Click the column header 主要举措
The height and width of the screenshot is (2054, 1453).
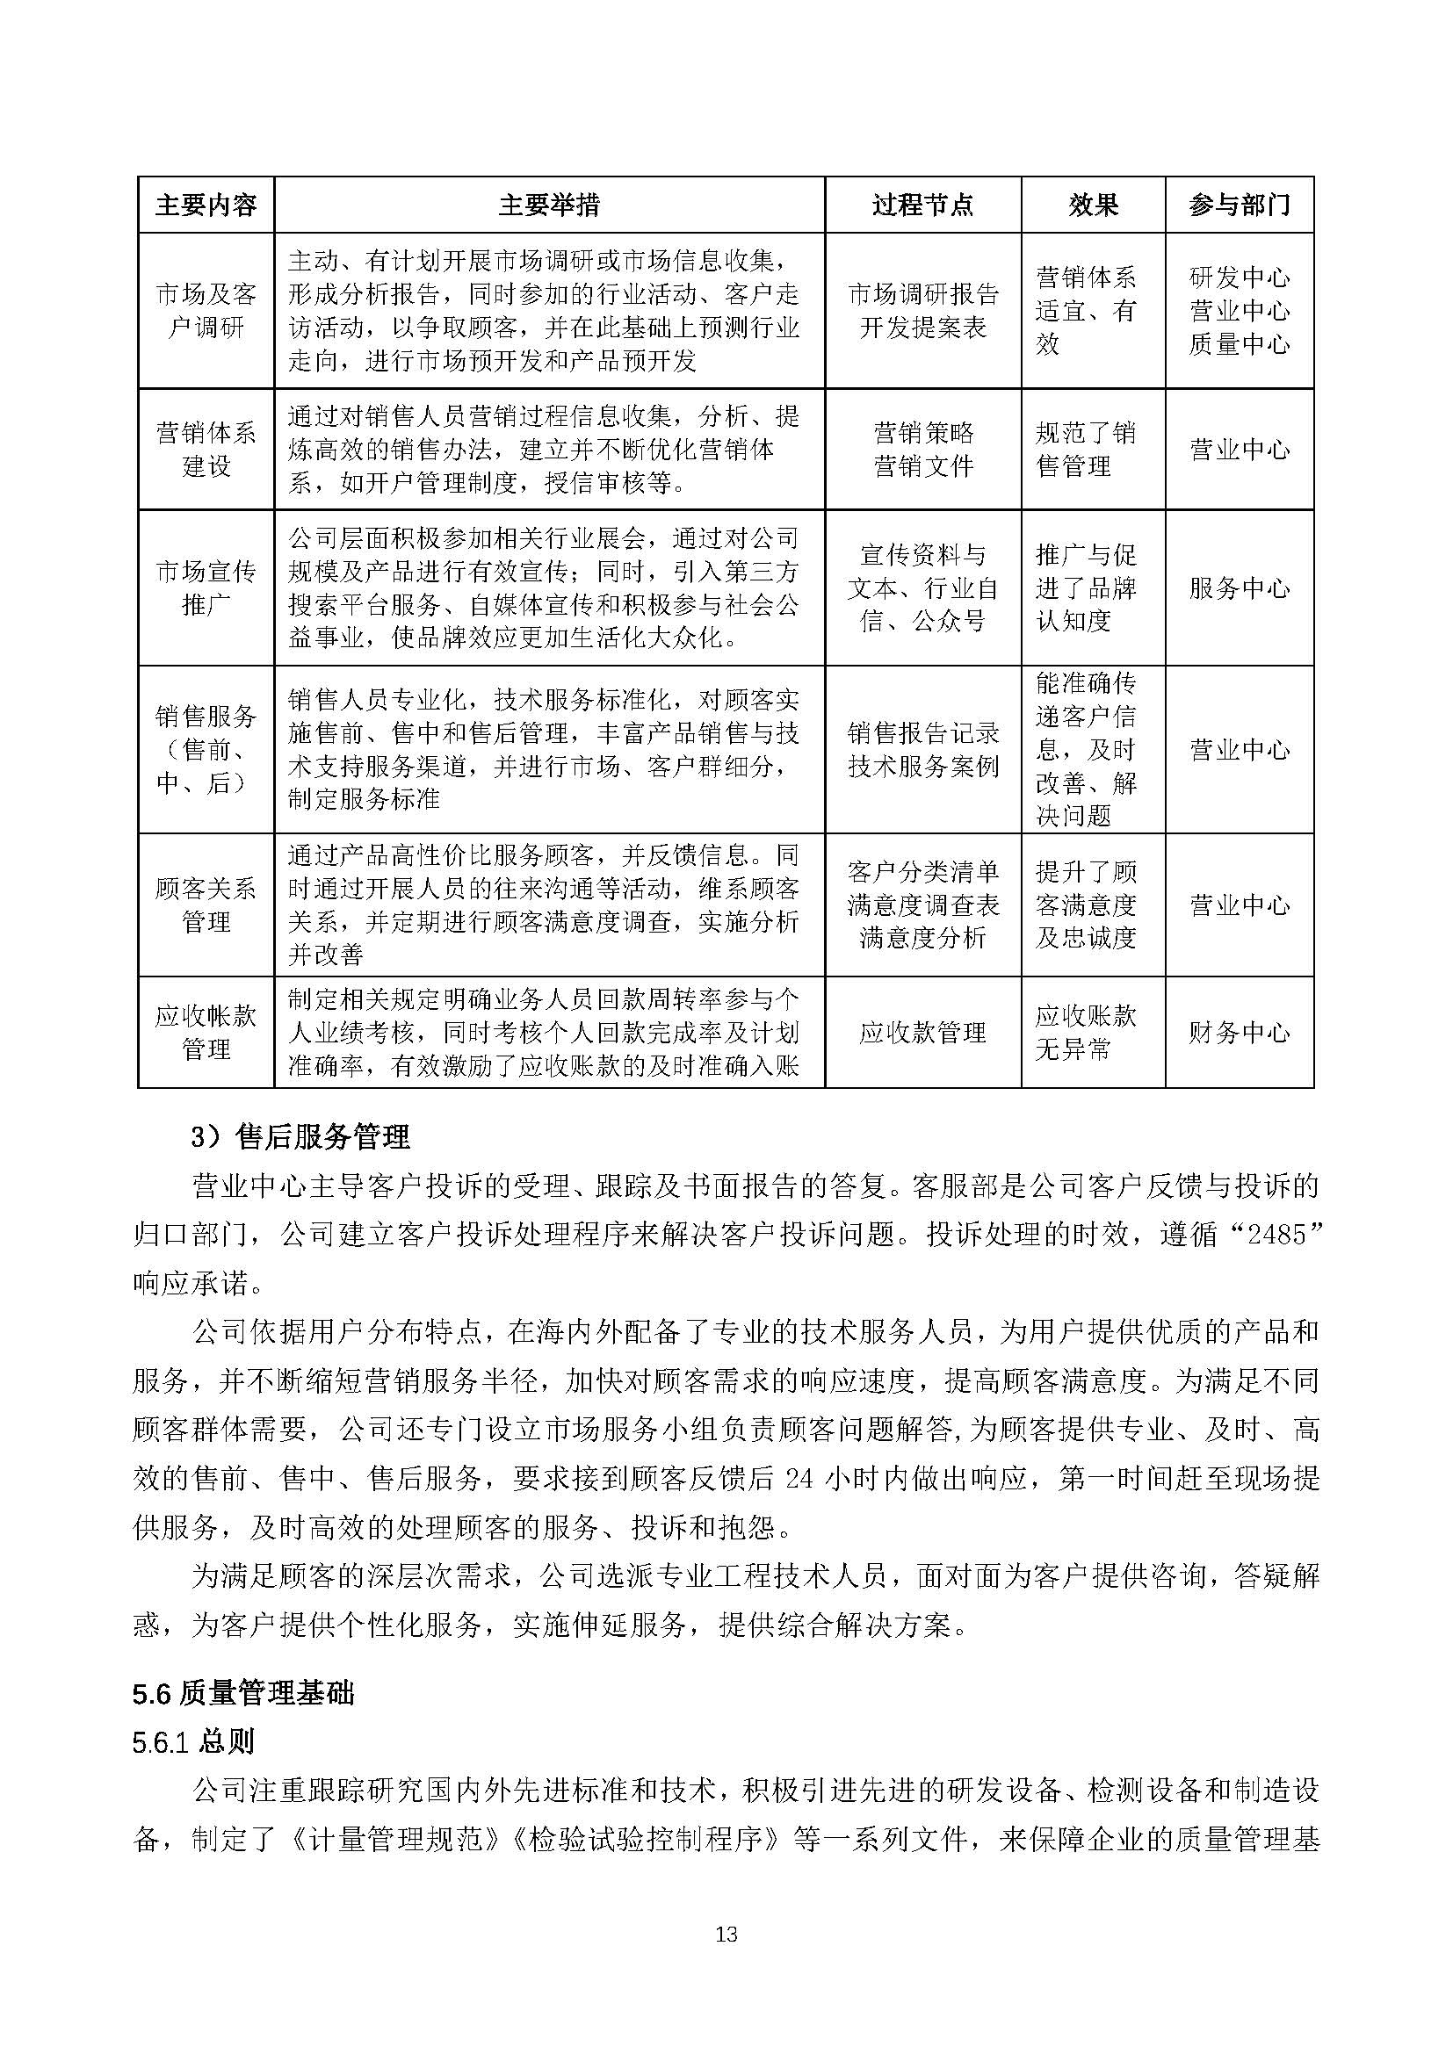tap(548, 205)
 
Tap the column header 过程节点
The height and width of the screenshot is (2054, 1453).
tap(922, 205)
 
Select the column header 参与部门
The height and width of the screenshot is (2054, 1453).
tap(1240, 205)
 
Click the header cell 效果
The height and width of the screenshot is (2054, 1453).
tap(1093, 205)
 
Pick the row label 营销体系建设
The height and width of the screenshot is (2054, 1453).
tap(206, 449)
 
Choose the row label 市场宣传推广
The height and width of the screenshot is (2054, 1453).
tap(206, 587)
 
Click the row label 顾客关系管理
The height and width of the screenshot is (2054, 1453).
tap(206, 904)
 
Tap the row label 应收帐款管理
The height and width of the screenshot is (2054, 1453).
tap(206, 1033)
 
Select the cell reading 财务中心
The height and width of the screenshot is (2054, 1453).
tap(1240, 1033)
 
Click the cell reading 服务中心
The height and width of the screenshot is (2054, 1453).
tap(1240, 587)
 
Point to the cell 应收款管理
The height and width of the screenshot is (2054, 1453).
tap(922, 1033)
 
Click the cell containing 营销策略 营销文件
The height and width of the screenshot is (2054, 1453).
tap(922, 449)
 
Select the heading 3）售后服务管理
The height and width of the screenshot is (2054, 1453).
tap(300, 1137)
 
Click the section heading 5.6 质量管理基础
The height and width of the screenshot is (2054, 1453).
tap(242, 1693)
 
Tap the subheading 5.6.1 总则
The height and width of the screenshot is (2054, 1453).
tap(192, 1741)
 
